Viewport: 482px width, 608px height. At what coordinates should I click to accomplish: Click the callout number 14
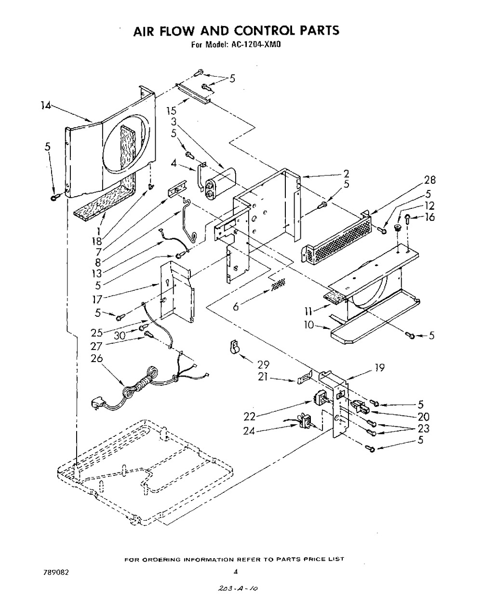pos(46,106)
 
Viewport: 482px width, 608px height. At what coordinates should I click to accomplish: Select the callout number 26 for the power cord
pos(96,358)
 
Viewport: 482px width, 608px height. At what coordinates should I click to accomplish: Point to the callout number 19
pos(379,367)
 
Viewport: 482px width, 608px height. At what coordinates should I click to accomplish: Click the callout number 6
pos(236,306)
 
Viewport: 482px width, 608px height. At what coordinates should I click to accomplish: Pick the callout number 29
pos(263,365)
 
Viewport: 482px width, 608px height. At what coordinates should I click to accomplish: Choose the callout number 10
pos(309,325)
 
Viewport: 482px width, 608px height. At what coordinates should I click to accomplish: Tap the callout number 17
pos(97,299)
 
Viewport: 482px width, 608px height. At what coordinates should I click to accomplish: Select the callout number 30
pos(120,336)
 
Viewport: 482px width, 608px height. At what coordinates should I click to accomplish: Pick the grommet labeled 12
pos(398,227)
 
